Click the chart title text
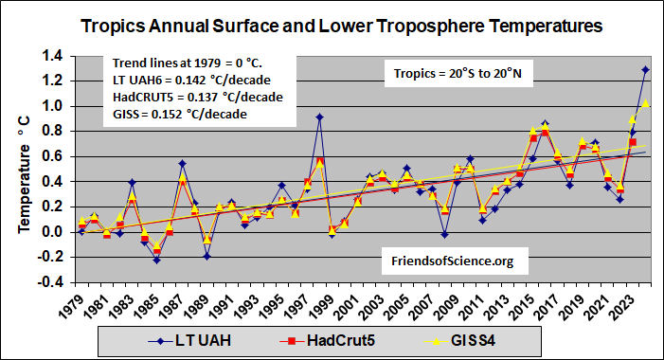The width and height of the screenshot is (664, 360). pos(340,27)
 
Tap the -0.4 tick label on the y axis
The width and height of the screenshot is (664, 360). pos(53,281)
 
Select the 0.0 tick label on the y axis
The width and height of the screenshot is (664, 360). pos(55,231)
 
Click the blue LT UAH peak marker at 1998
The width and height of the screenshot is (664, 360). pos(319,117)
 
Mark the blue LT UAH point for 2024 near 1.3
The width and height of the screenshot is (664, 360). pos(645,69)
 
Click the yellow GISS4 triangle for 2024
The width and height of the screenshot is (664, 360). pos(645,103)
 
